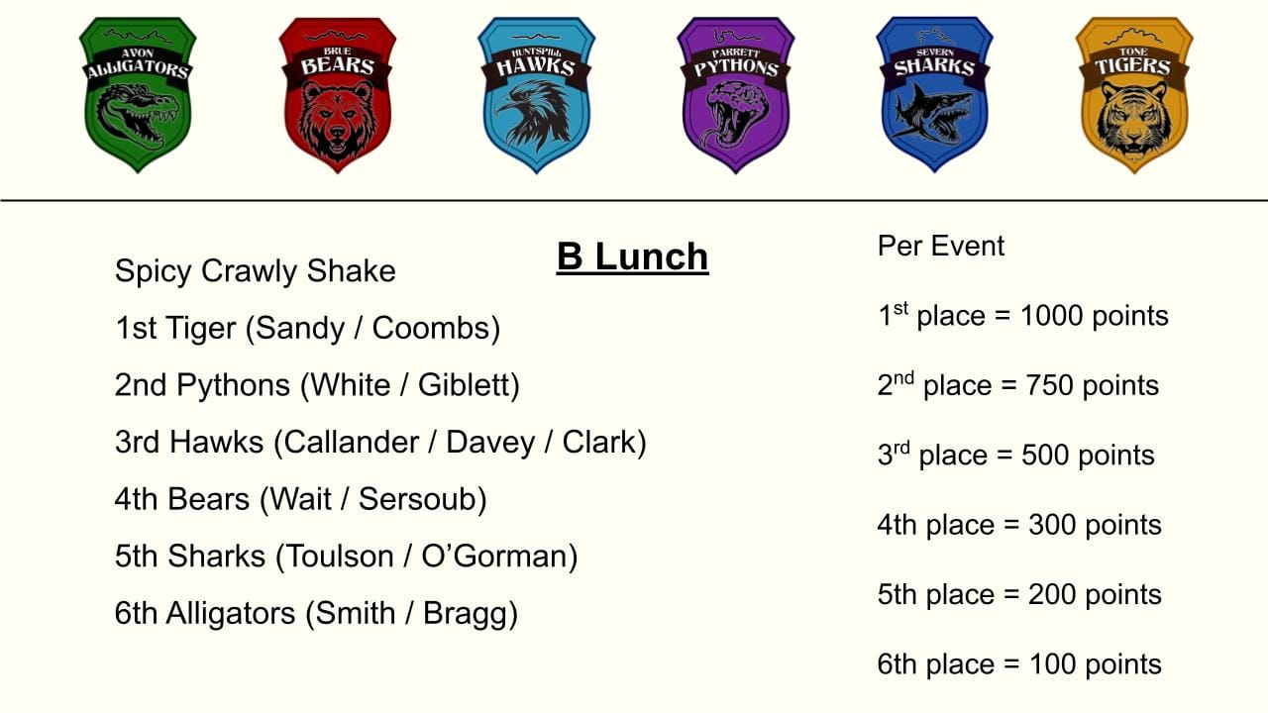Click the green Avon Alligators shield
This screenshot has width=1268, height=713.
138,94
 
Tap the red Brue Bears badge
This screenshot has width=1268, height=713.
338,94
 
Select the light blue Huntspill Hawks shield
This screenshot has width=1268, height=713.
537,94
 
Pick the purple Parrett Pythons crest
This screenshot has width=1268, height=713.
736,94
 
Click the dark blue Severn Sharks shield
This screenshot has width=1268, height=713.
934,94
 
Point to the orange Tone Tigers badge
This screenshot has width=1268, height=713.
1134,94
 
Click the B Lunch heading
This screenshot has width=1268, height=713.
632,256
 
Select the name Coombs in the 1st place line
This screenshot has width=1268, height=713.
431,328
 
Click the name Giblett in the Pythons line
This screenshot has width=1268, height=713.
464,385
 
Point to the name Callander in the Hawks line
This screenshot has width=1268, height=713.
352,442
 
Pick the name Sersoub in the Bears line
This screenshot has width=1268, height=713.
417,499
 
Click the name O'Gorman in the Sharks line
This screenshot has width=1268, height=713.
494,556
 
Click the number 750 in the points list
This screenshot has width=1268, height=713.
1049,385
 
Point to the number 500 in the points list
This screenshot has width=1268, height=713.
1045,455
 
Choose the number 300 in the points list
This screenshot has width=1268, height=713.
1052,525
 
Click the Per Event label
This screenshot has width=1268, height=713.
941,247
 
